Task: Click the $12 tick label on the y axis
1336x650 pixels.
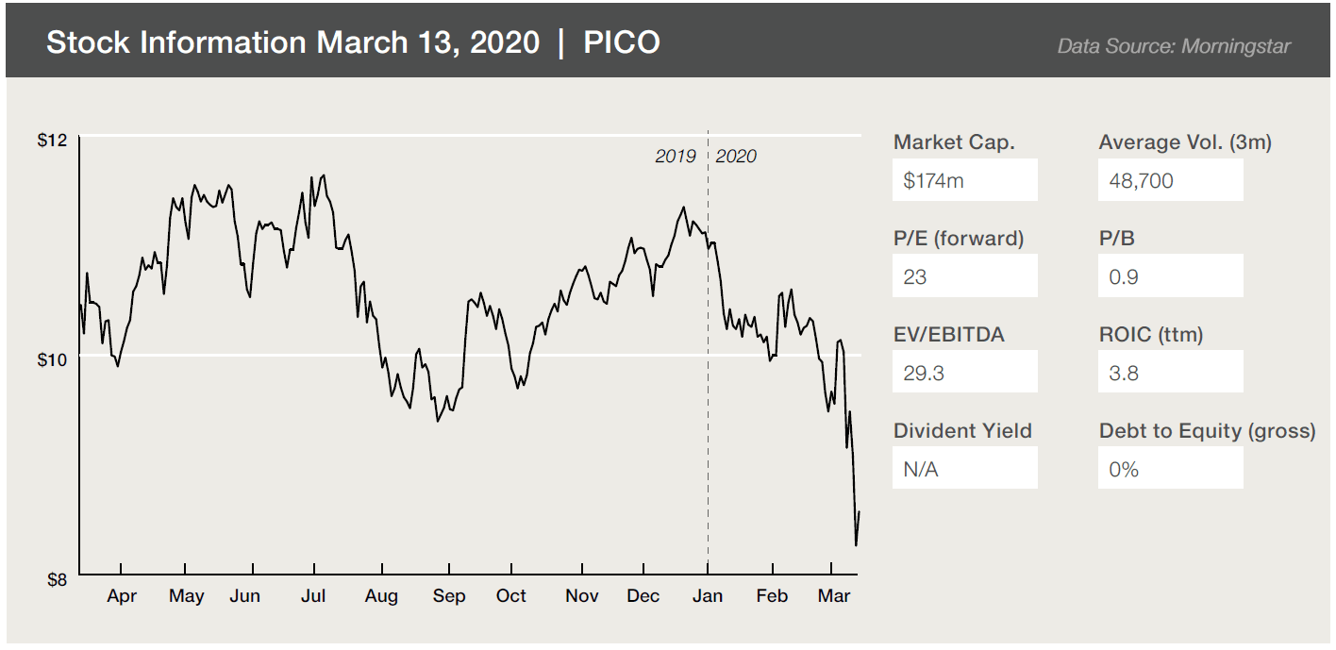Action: click(x=52, y=141)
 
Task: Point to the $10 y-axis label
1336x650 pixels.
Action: click(x=52, y=359)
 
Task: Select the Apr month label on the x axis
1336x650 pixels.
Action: click(x=122, y=596)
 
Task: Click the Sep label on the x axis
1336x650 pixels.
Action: click(x=449, y=596)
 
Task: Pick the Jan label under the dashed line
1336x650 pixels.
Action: click(x=708, y=596)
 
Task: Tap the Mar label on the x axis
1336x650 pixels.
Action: click(x=834, y=596)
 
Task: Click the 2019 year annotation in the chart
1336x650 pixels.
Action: click(x=676, y=157)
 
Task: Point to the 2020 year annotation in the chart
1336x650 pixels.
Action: click(x=736, y=157)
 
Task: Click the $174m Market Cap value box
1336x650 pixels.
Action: click(x=964, y=180)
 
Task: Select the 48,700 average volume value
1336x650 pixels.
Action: click(x=1170, y=180)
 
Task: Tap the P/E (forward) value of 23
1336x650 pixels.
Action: click(x=964, y=276)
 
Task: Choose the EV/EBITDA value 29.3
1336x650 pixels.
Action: click(x=964, y=373)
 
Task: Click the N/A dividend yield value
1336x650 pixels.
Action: click(x=964, y=469)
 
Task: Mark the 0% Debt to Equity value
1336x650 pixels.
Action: click(x=1170, y=469)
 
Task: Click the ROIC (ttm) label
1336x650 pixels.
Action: click(x=1151, y=334)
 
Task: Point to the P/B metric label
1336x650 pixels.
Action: click(x=1117, y=238)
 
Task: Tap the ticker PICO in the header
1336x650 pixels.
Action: click(x=622, y=42)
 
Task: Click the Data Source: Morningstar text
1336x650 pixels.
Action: click(x=1174, y=46)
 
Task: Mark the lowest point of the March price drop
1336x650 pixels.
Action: click(x=856, y=545)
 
